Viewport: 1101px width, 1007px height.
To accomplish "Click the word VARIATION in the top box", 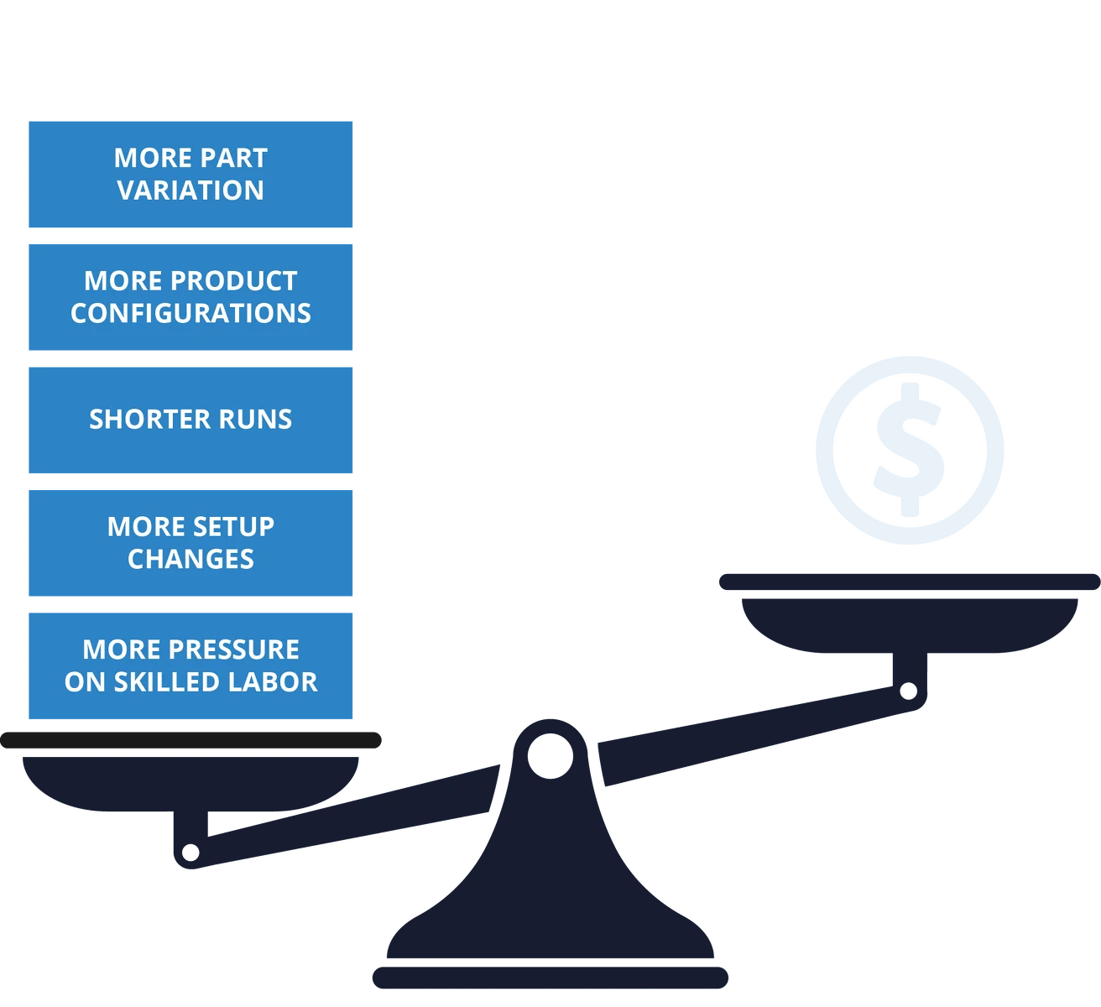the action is [190, 190].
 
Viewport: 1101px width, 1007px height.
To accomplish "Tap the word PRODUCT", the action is [233, 281].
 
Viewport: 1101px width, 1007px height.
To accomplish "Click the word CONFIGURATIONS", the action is [190, 314].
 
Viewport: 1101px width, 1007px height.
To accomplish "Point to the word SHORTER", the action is [149, 420].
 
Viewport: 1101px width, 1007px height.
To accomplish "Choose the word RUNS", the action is [255, 420].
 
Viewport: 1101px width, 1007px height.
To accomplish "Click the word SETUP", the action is [234, 527].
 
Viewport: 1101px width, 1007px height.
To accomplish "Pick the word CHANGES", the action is [190, 560].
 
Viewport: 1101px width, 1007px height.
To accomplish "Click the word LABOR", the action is [272, 682].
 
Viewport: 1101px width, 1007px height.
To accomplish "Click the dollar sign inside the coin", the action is [910, 449].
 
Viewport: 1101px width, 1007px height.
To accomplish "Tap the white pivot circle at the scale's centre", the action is [550, 757].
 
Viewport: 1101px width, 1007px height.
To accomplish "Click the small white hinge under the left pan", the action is [190, 853].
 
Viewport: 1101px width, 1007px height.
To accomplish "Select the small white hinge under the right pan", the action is [908, 691].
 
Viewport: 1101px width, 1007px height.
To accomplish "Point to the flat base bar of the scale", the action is [550, 978].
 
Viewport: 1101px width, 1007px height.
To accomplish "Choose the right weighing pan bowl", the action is [910, 625].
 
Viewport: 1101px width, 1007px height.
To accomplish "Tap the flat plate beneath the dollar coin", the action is [910, 582].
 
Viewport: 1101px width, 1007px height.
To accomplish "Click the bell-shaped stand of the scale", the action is [550, 890].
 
